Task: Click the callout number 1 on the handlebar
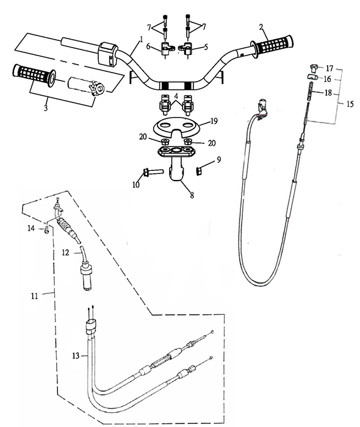(x=141, y=39)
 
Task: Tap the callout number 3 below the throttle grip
(x=46, y=108)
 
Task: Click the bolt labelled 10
(x=153, y=172)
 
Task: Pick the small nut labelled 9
(x=200, y=171)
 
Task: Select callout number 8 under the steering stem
(x=192, y=195)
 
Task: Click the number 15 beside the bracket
(x=350, y=104)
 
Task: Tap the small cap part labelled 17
(x=314, y=66)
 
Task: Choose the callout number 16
(x=327, y=79)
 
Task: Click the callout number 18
(x=329, y=93)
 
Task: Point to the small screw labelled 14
(x=46, y=229)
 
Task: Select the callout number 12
(x=66, y=253)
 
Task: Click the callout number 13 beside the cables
(x=76, y=356)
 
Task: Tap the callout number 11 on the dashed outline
(x=34, y=296)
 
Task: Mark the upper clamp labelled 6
(x=165, y=48)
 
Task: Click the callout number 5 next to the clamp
(x=206, y=46)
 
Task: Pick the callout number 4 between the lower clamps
(x=176, y=96)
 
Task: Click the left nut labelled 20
(x=165, y=142)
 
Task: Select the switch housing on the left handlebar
(x=107, y=54)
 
